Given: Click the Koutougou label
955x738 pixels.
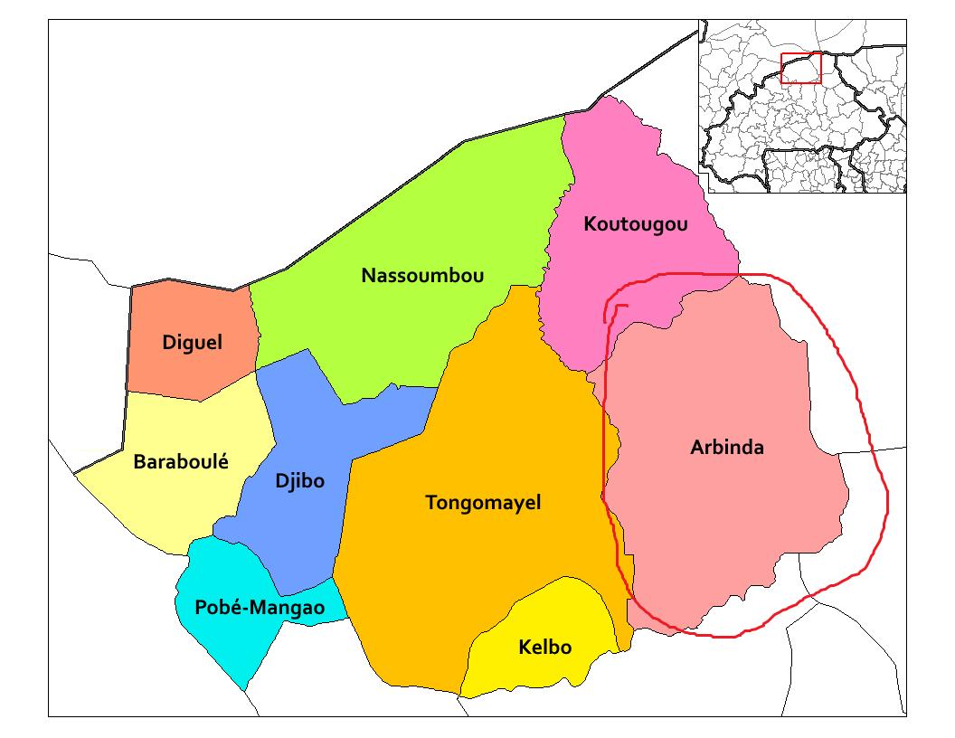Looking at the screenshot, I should [636, 224].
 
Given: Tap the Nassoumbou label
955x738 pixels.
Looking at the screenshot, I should [422, 276].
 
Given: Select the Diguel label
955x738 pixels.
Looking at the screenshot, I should [192, 343].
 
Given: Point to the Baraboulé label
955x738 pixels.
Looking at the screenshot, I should [181, 462].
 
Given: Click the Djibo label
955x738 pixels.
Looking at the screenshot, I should [299, 480].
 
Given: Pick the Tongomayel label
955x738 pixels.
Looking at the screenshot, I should [483, 503].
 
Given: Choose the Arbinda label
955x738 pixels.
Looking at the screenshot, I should [727, 447].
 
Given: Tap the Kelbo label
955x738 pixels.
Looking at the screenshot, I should [545, 648].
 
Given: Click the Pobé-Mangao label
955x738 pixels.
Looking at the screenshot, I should [260, 608].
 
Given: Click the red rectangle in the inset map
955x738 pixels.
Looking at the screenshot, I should [800, 68].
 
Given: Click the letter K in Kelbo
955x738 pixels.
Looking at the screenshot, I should [525, 648].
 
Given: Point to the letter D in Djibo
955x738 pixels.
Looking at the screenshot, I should [281, 480].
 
